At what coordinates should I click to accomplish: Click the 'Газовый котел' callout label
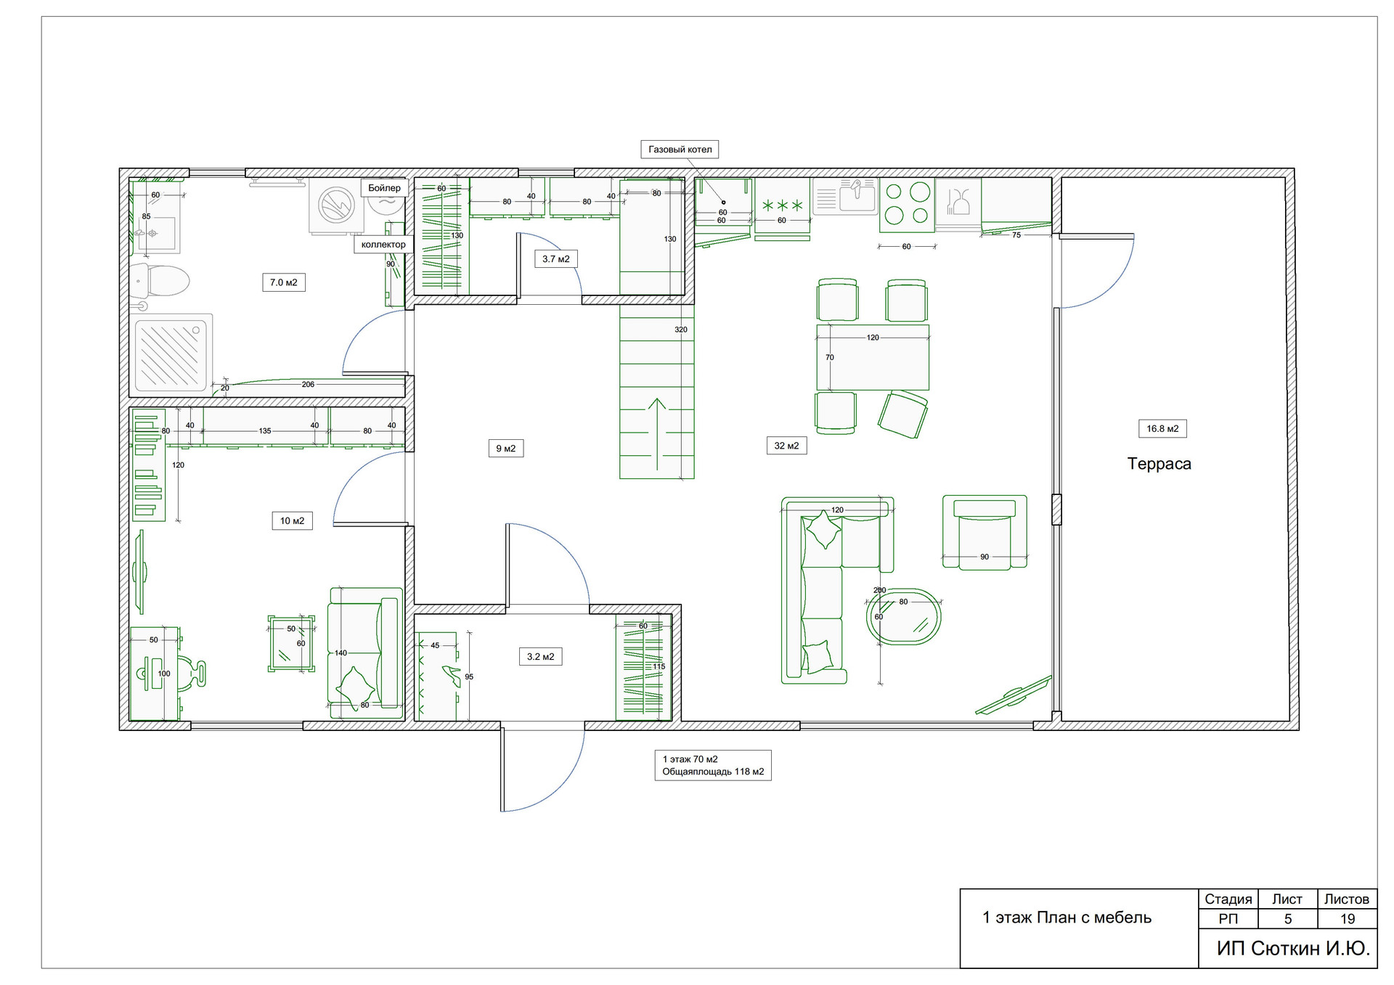click(680, 150)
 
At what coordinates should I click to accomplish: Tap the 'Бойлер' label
click(384, 188)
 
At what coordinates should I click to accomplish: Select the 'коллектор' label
click(383, 245)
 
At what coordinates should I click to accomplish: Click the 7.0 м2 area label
click(284, 282)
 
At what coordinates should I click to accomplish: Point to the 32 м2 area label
click(786, 446)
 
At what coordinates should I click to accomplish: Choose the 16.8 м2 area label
click(1162, 429)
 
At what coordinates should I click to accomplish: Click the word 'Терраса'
click(1159, 464)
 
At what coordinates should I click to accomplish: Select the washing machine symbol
click(337, 206)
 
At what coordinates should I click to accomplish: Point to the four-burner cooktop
click(907, 205)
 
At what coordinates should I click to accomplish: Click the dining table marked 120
click(873, 358)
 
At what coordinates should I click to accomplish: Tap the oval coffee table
click(904, 617)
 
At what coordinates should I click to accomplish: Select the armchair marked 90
click(985, 533)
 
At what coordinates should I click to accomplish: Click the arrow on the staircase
click(656, 434)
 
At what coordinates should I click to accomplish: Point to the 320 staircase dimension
click(681, 330)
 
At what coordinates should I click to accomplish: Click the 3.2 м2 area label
click(541, 657)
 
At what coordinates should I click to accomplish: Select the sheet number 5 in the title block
click(1288, 919)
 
